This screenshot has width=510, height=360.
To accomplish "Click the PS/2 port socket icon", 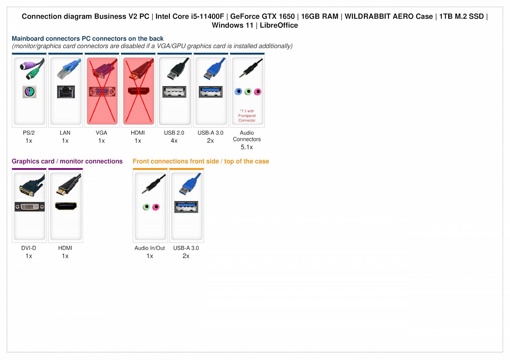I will (x=29, y=92).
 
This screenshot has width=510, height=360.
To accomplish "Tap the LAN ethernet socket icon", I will (x=66, y=92).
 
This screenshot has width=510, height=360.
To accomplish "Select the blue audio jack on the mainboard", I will (x=238, y=92).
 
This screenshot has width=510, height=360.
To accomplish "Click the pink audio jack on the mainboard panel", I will (x=258, y=92).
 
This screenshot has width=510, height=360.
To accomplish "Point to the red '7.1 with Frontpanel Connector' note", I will (x=247, y=116).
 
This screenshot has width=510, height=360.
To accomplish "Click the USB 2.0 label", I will (x=174, y=133).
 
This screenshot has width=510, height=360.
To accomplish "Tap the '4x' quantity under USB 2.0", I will (x=174, y=141).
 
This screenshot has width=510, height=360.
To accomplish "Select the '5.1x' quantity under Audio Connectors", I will (x=247, y=147).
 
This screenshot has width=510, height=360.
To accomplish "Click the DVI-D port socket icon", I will (x=30, y=207).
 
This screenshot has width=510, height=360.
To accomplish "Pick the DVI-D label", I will (x=29, y=248).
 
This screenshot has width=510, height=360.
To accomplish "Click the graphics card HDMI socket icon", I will (x=66, y=206).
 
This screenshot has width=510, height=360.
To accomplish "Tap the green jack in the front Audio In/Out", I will (x=146, y=207).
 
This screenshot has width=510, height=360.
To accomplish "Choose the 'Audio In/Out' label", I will (x=149, y=248).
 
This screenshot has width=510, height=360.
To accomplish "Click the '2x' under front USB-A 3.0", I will (x=186, y=256).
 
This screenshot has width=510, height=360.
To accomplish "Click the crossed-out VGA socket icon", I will (x=102, y=92).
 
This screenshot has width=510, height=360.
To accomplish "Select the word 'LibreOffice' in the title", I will (x=279, y=25).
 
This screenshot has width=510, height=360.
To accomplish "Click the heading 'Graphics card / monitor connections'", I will (x=67, y=161).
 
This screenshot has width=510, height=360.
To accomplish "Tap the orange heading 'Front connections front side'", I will (x=176, y=161).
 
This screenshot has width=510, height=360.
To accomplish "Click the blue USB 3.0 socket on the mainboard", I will (x=210, y=92).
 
